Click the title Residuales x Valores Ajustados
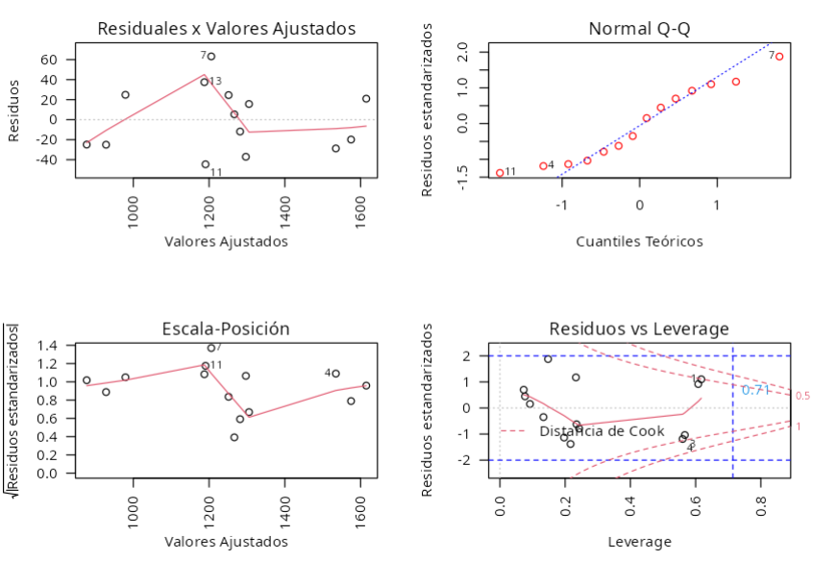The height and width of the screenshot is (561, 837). coord(227,29)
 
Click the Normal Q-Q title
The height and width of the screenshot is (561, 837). coord(639,29)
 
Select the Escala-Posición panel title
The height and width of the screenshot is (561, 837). coord(227,329)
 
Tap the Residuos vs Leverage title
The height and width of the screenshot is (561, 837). coord(639,329)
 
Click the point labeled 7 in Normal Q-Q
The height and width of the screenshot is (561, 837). coord(779,57)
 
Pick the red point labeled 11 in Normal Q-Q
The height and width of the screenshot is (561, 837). coord(500,173)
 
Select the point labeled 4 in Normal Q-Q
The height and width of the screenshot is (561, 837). coord(543,166)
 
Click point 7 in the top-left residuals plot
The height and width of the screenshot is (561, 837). coord(211,56)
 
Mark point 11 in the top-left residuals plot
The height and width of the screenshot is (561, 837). coord(206,164)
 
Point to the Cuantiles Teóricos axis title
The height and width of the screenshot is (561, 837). coord(639,241)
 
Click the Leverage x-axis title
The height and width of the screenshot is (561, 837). coord(639,542)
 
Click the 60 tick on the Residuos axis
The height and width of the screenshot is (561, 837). coord(49,60)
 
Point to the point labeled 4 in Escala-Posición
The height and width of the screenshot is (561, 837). coord(335,373)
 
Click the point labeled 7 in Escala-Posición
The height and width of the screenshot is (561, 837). coord(211,348)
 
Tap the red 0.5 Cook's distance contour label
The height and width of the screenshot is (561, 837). coord(802,396)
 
